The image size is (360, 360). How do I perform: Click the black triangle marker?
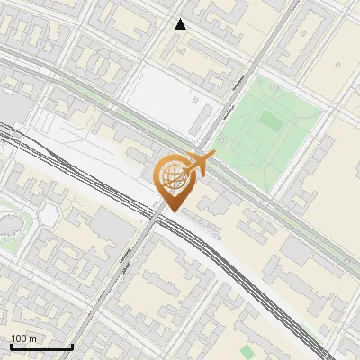coord(181,24)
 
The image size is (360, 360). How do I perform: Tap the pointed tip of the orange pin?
coord(169,211)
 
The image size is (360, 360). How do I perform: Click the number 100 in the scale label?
coord(20,338)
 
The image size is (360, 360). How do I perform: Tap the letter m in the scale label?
coord(32,338)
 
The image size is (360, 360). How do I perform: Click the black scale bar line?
coord(40,346)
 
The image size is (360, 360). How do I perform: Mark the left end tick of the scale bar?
coord(11,345)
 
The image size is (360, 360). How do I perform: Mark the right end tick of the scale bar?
coord(71,345)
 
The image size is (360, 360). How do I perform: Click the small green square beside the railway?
coord(247,350)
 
